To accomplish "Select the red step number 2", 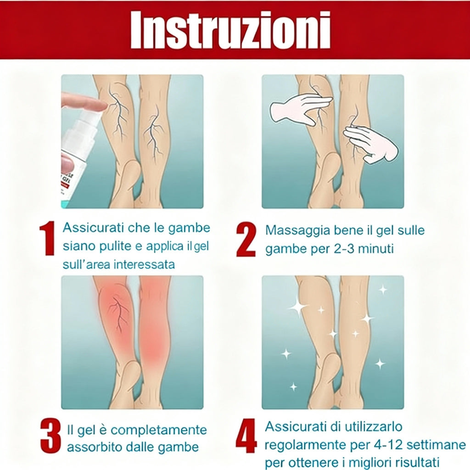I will pos(246,239).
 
